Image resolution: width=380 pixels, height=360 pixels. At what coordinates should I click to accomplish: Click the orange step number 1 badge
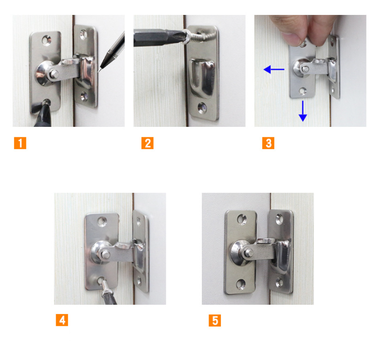click(x=20, y=143)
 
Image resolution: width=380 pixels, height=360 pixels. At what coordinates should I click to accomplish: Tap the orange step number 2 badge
click(x=147, y=143)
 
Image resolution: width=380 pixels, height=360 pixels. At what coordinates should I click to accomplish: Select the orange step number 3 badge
click(x=268, y=143)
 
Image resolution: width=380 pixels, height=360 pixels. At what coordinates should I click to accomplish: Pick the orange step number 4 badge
click(x=62, y=320)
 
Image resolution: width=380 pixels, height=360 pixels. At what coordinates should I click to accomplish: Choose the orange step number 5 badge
click(x=215, y=320)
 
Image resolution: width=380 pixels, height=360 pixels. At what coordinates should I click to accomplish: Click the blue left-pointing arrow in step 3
click(x=274, y=70)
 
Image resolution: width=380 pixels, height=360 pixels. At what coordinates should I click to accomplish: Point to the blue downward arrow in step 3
click(x=303, y=111)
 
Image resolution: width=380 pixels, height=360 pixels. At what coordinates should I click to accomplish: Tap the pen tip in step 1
click(x=99, y=71)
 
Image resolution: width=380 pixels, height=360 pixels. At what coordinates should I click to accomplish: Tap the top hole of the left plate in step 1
click(x=46, y=40)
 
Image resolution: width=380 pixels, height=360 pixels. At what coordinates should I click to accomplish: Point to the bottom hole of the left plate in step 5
click(x=241, y=284)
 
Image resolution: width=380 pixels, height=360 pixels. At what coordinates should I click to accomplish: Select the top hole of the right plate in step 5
click(x=279, y=219)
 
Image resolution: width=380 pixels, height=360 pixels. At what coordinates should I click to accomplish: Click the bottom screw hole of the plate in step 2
click(x=202, y=107)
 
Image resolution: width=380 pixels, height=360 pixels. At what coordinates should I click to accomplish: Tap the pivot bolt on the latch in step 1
click(x=54, y=74)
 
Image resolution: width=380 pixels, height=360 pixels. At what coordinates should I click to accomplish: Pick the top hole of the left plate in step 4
click(x=102, y=221)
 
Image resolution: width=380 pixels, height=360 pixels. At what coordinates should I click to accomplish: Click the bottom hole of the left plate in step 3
click(x=303, y=91)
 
